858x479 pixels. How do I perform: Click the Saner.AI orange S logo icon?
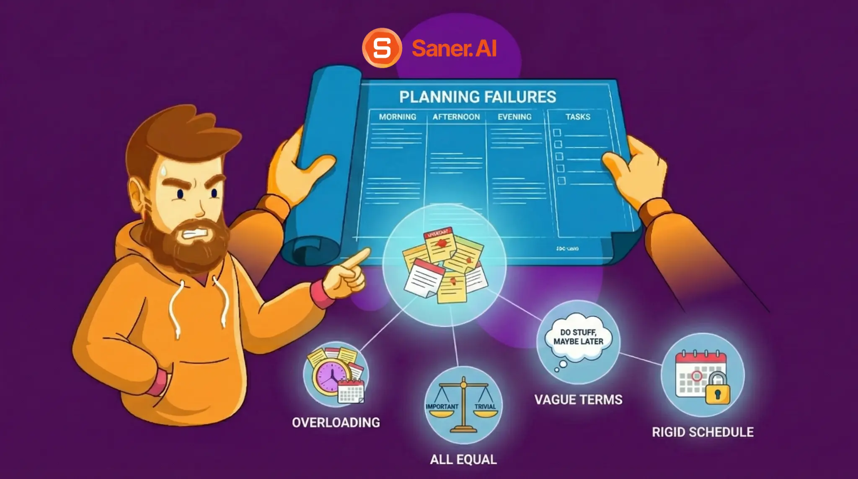[x=382, y=48]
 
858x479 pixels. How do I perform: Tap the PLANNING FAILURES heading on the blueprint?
[x=478, y=97]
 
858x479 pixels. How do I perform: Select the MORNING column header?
[x=398, y=117]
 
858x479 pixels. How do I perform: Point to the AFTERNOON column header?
[x=456, y=117]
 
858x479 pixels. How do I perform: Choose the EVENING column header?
[x=514, y=117]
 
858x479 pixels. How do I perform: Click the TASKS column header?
[x=578, y=117]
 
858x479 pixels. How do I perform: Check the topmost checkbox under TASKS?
[x=557, y=132]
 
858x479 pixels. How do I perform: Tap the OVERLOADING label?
[x=336, y=422]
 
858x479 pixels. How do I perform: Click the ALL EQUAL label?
[x=463, y=460]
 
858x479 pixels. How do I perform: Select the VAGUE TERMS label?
[x=578, y=400]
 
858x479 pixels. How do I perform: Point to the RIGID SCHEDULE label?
[x=703, y=432]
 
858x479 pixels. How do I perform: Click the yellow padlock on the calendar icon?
[x=717, y=390]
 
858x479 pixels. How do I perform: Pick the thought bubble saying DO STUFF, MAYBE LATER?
[x=578, y=337]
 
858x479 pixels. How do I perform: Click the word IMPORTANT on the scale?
[x=442, y=407]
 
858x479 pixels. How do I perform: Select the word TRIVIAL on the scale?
[x=485, y=407]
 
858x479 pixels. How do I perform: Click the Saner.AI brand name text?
[x=454, y=48]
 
